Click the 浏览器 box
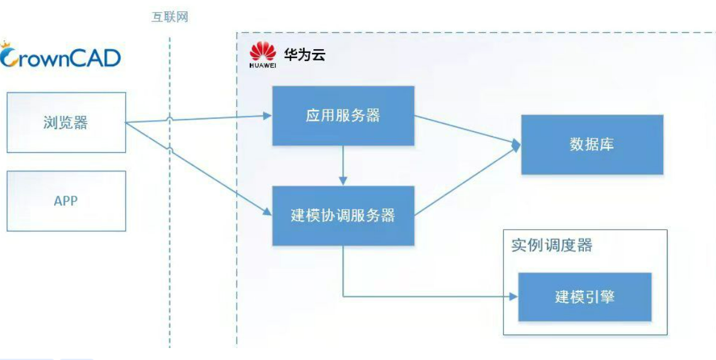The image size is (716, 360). pyautogui.click(x=66, y=123)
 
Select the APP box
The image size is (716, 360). pyautogui.click(x=66, y=201)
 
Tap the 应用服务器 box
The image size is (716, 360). pyautogui.click(x=343, y=116)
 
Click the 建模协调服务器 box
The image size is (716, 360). pyautogui.click(x=343, y=216)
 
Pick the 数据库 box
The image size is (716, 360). pyautogui.click(x=592, y=144)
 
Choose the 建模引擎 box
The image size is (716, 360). pyautogui.click(x=585, y=297)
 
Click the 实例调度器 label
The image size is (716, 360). pyautogui.click(x=552, y=245)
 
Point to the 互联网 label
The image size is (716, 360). pyautogui.click(x=170, y=18)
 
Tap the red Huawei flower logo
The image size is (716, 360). pyautogui.click(x=263, y=51)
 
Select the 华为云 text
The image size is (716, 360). pyautogui.click(x=305, y=55)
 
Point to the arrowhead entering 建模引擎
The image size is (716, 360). pyautogui.click(x=513, y=296)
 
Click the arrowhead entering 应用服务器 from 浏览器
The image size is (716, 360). pyautogui.click(x=267, y=116)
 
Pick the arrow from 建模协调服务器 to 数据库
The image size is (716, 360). pyautogui.click(x=467, y=181)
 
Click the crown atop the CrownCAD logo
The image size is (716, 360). pyautogui.click(x=6, y=45)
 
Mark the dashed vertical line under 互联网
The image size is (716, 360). pyautogui.click(x=170, y=192)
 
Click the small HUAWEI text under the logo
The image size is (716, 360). pyautogui.click(x=263, y=65)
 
